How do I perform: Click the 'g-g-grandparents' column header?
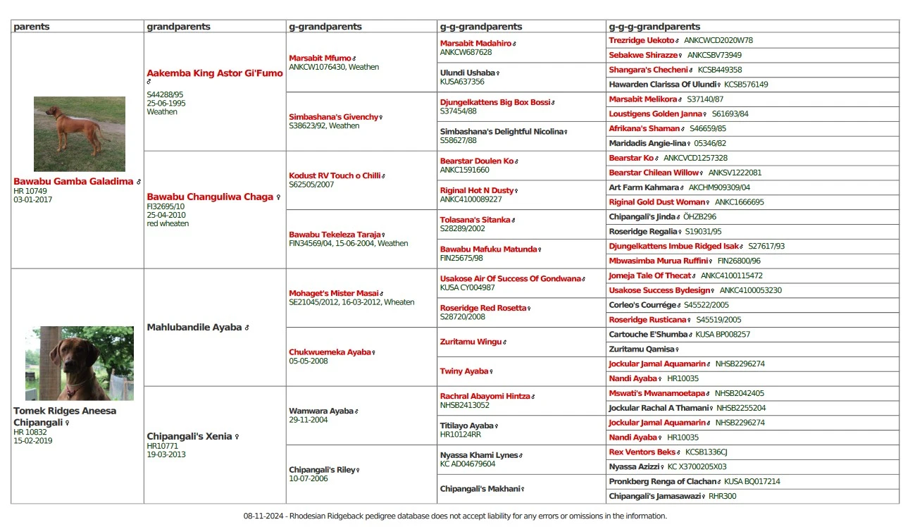(x=481, y=27)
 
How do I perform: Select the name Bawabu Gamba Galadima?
(x=73, y=182)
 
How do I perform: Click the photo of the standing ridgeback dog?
(x=79, y=134)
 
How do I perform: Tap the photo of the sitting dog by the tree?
(x=79, y=363)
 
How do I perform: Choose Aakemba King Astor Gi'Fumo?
(x=214, y=73)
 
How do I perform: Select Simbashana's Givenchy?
(x=334, y=118)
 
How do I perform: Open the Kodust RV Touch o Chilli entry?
(x=335, y=176)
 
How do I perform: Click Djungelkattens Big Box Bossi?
(x=494, y=103)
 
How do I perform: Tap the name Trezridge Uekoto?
(x=642, y=41)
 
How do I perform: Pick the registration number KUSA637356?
(x=462, y=82)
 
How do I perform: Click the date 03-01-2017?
(x=32, y=199)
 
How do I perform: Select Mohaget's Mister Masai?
(x=333, y=294)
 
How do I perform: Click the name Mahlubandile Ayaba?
(x=194, y=328)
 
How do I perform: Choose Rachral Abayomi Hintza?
(x=485, y=397)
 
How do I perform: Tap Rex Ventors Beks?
(x=642, y=452)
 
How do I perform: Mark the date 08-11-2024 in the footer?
(x=263, y=516)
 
